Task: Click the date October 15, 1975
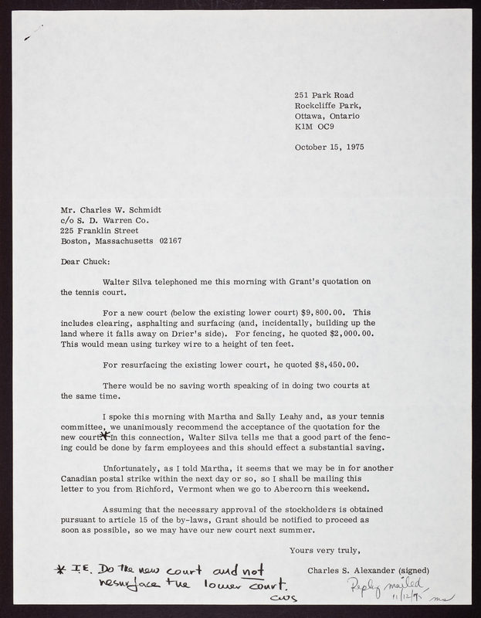tap(330, 146)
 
